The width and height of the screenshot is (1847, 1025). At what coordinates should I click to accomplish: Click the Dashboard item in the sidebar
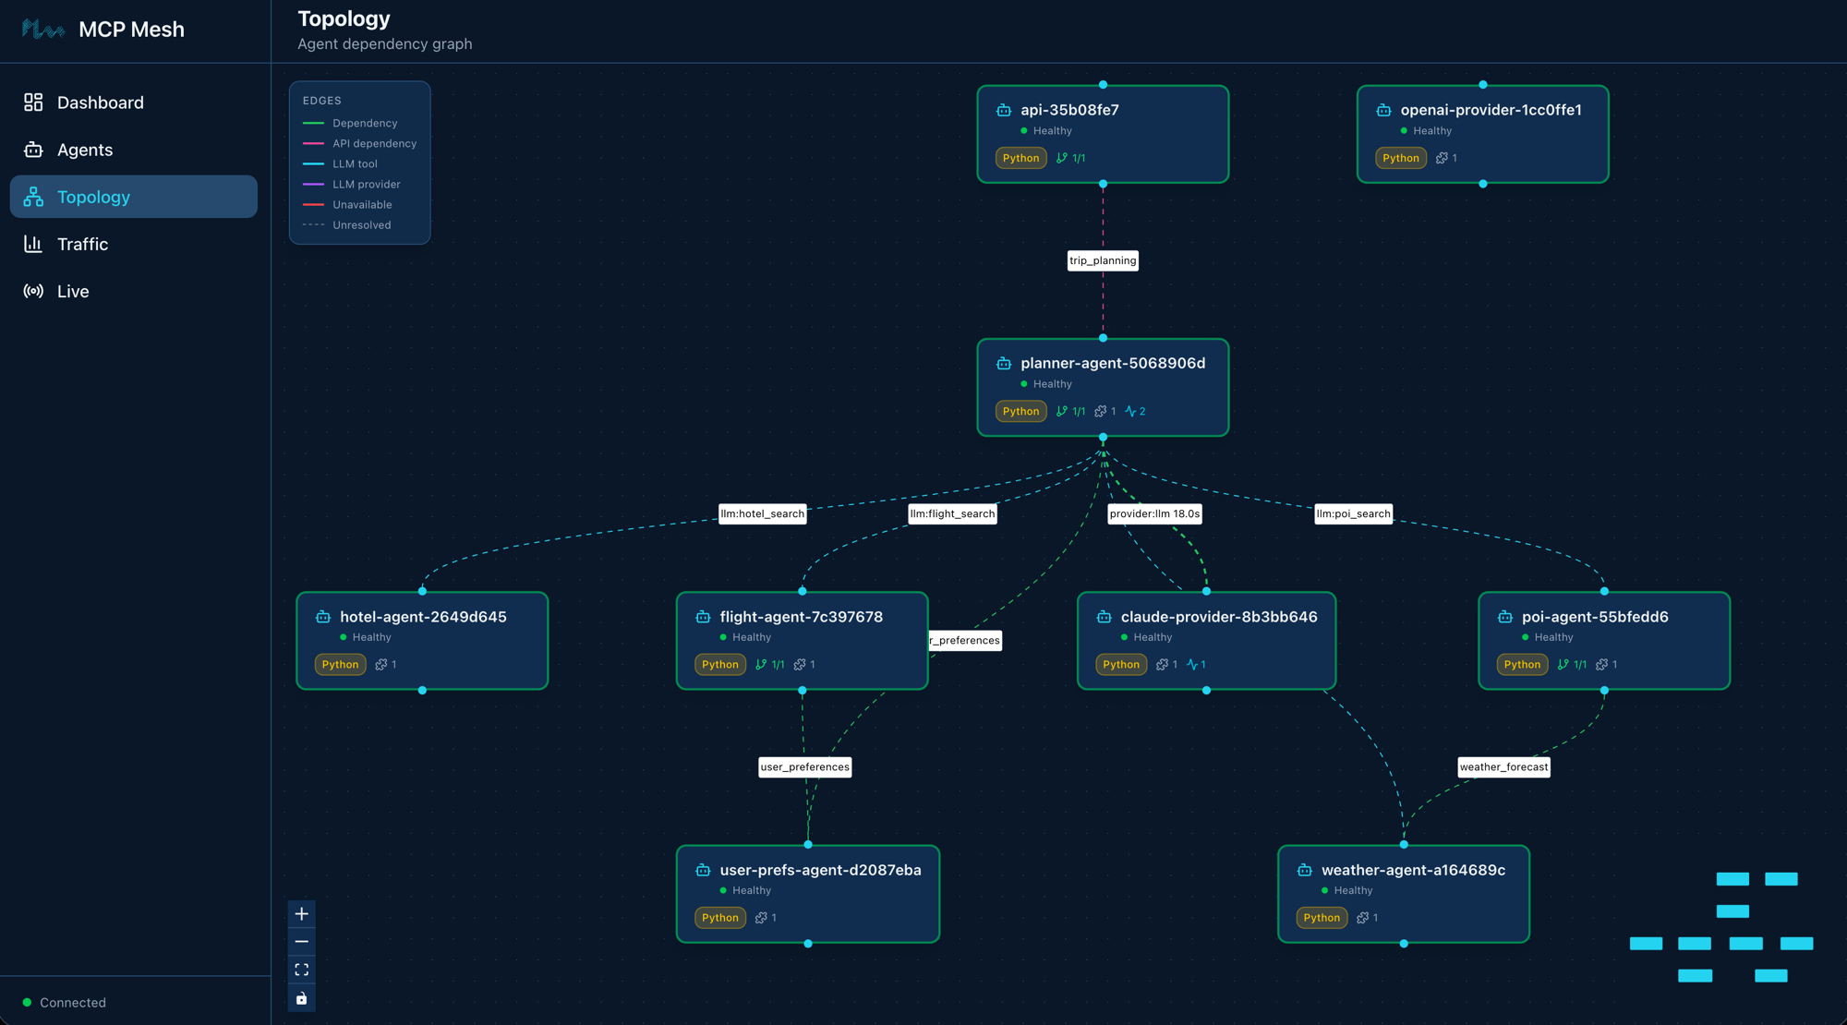100,102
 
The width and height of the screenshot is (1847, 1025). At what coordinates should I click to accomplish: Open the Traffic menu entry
82,244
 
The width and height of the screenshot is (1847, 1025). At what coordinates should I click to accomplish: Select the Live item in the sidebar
73,291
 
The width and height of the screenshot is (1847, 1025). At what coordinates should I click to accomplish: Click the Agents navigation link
85,150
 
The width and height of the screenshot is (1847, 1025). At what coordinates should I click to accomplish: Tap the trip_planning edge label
1103,260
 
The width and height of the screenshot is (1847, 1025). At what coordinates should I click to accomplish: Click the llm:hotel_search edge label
762,513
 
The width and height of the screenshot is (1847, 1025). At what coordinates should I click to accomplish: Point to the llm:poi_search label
1353,513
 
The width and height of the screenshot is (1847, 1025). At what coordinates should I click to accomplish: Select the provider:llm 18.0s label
1154,513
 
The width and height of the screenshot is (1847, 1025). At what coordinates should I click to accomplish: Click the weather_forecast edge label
1503,766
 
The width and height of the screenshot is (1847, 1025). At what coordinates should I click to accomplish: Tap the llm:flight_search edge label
952,513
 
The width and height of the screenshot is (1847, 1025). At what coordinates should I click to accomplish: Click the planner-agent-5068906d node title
1113,363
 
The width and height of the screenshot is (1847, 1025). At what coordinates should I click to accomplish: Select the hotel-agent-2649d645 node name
423,617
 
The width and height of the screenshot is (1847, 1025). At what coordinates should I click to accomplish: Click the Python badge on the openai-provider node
1400,158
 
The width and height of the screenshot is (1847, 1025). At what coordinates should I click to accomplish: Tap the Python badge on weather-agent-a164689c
1321,918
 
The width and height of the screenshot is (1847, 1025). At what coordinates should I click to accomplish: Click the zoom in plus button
302,914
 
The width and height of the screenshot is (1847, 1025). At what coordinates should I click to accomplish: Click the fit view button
302,970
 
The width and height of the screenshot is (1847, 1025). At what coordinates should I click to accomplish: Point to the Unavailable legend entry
362,205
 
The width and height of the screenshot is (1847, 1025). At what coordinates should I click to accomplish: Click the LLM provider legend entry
366,185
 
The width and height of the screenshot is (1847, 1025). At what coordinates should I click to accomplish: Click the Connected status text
73,1003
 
